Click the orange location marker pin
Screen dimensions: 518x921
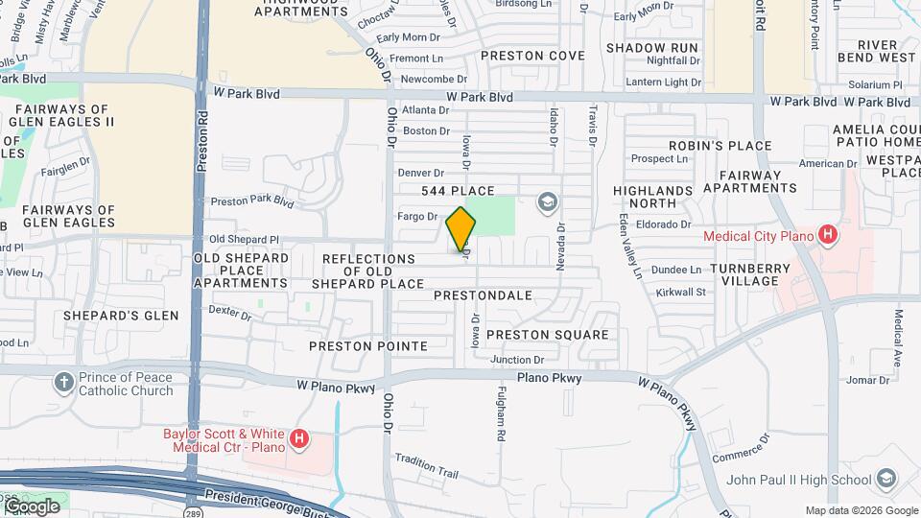[x=461, y=229]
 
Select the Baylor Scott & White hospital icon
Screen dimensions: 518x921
[x=299, y=440]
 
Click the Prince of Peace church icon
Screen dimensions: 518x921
[x=64, y=384]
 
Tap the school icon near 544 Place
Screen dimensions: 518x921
[x=548, y=201]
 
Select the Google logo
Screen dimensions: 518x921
[x=31, y=506]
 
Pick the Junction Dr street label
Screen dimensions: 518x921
[x=517, y=360]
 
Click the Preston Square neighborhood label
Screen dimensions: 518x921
[x=547, y=335]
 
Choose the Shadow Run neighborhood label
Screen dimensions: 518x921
[x=651, y=47]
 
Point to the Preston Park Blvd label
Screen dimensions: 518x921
[x=251, y=201]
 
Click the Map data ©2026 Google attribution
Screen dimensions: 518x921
[x=861, y=510]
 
